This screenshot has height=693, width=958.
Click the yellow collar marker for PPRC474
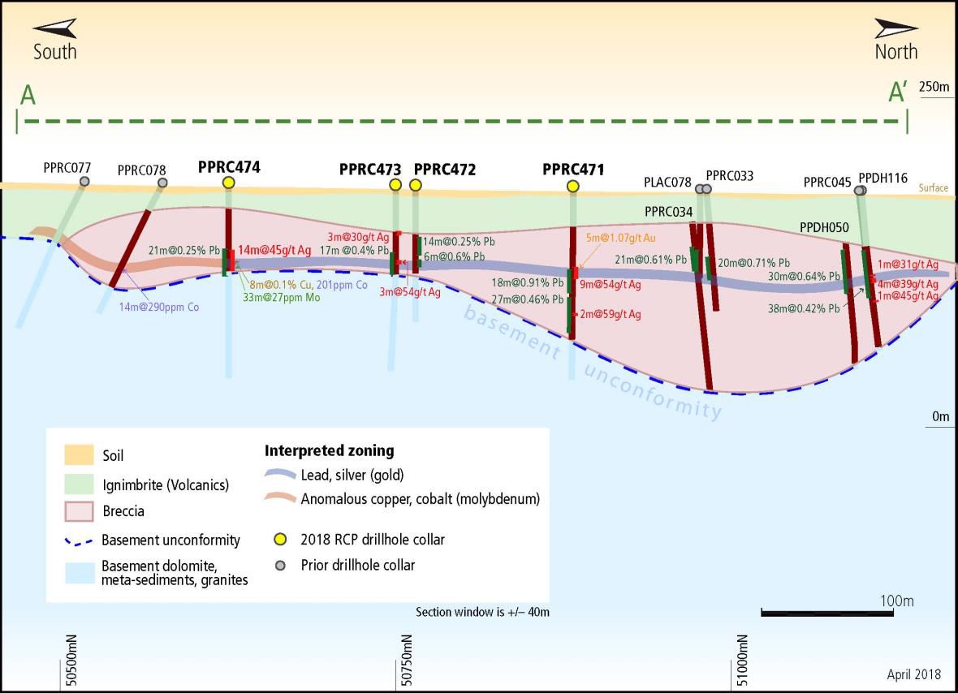pyautogui.click(x=228, y=183)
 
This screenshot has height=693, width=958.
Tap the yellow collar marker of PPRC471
pyautogui.click(x=573, y=187)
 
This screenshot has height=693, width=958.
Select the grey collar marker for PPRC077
pyautogui.click(x=84, y=182)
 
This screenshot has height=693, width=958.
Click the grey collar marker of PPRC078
pyautogui.click(x=162, y=183)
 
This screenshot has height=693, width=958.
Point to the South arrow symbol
pyautogui.click(x=55, y=29)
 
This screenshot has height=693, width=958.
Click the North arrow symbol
pyautogui.click(x=895, y=29)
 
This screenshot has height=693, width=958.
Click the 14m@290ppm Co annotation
pyautogui.click(x=158, y=308)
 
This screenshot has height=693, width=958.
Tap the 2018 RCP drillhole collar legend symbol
pyautogui.click(x=281, y=540)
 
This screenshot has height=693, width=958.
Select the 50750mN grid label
pyautogui.click(x=407, y=661)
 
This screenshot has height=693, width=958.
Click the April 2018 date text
pyautogui.click(x=913, y=674)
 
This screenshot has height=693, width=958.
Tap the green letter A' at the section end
pyautogui.click(x=897, y=93)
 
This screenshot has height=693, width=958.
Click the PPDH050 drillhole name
pyautogui.click(x=824, y=229)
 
